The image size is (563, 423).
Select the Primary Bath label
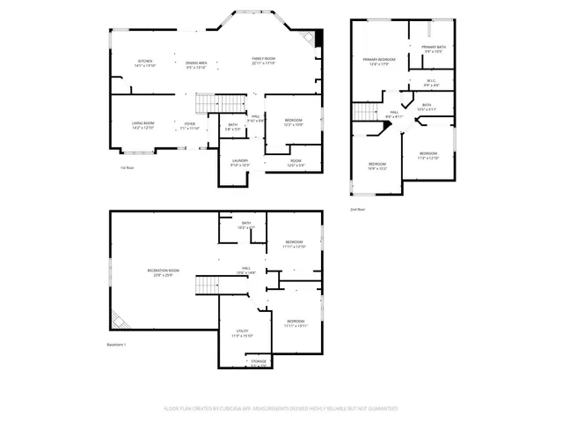(434, 49)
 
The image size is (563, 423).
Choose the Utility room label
(242, 334)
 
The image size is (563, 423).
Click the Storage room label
(258, 363)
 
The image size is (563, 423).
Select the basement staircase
(206, 286)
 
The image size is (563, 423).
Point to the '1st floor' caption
(128, 167)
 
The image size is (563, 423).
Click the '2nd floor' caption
(357, 210)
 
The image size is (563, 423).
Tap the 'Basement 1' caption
(118, 344)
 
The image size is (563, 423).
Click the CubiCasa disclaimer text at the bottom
(281, 409)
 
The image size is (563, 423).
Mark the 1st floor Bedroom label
(294, 122)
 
